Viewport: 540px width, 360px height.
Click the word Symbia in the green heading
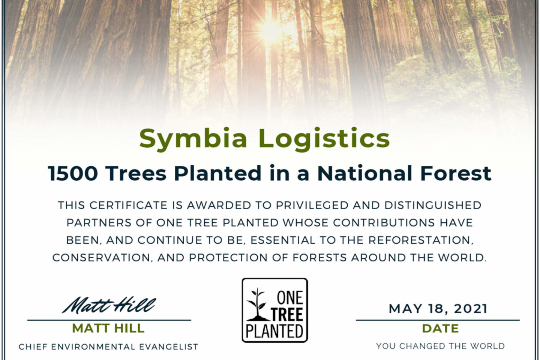pyautogui.click(x=193, y=139)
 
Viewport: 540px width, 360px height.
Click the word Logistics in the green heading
pyautogui.click(x=324, y=139)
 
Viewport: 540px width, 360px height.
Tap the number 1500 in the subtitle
pyautogui.click(x=73, y=173)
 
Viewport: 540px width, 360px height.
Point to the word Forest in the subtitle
pyautogui.click(x=456, y=173)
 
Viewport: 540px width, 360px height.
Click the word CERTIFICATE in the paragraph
pyautogui.click(x=128, y=205)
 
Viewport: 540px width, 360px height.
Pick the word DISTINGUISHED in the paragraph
pyautogui.click(x=433, y=205)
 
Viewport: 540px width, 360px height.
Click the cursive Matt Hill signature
pyautogui.click(x=109, y=305)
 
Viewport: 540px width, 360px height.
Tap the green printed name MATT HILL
pyautogui.click(x=108, y=328)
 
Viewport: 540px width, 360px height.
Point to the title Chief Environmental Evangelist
pyautogui.click(x=108, y=346)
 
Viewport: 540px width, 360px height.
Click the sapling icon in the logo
pyautogui.click(x=258, y=304)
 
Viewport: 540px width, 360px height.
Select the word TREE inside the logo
pyautogui.click(x=287, y=314)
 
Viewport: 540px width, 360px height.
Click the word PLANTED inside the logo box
pyautogui.click(x=274, y=331)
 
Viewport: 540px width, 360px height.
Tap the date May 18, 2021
pyautogui.click(x=438, y=309)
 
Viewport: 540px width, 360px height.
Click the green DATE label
pyautogui.click(x=440, y=328)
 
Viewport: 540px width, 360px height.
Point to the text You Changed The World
pyautogui.click(x=440, y=346)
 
